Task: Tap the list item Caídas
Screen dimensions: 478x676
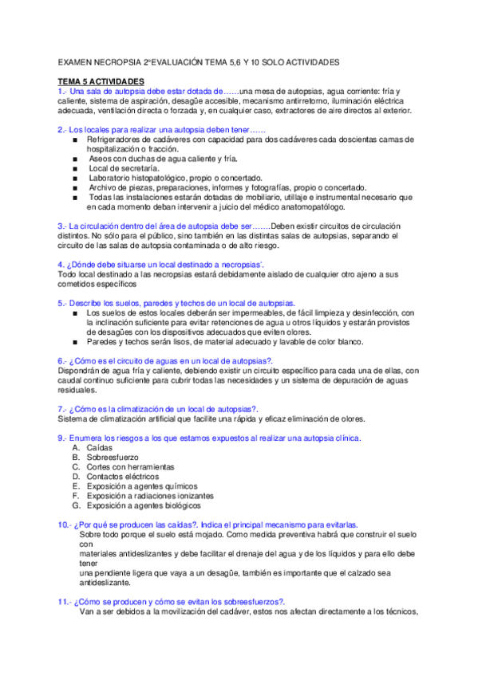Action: tap(99, 448)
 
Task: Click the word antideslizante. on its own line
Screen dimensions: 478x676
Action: tap(109, 583)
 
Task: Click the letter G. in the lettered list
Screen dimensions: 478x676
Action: tap(76, 505)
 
